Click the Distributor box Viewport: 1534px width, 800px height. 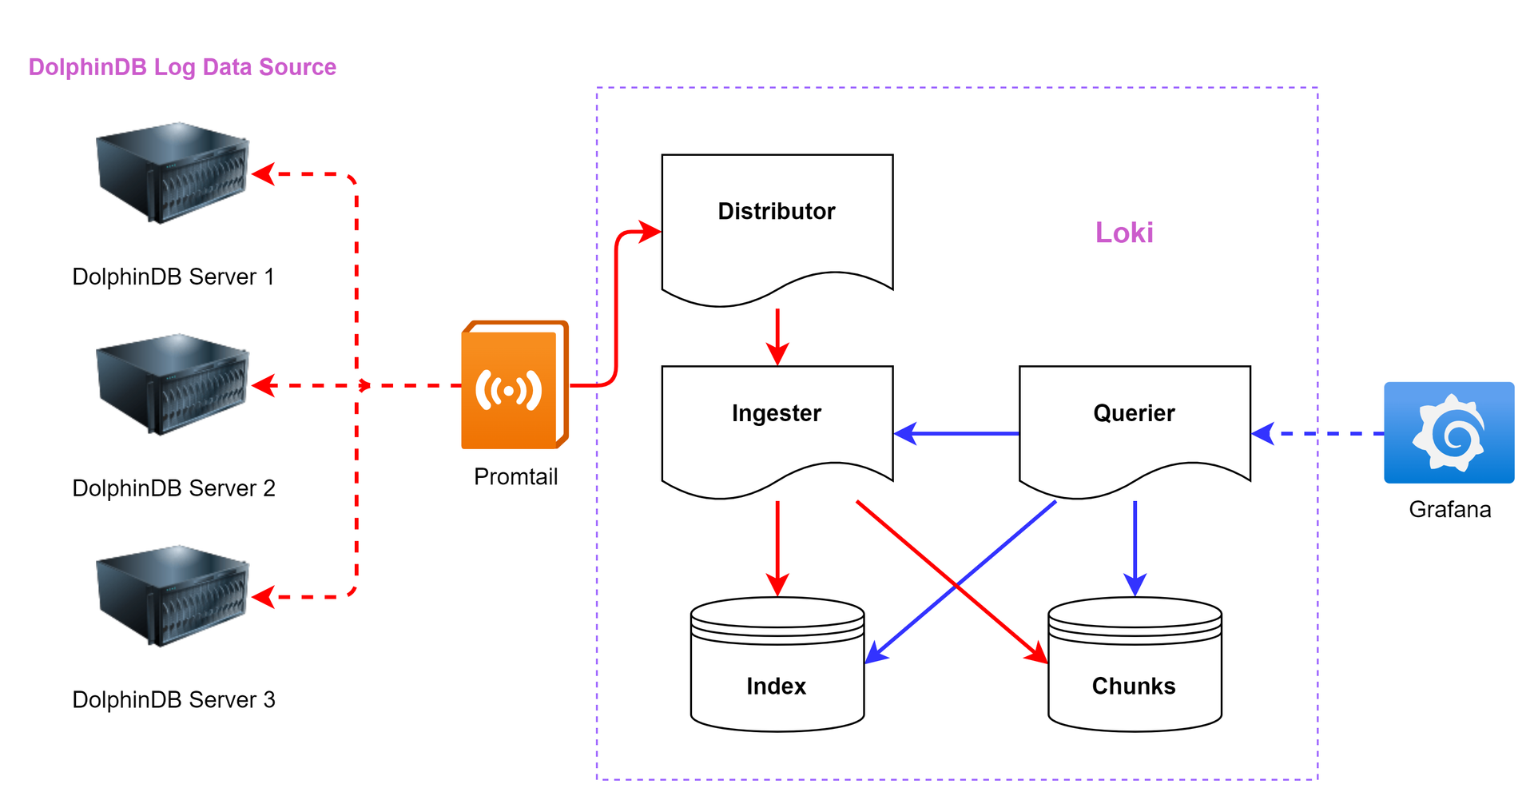point(777,224)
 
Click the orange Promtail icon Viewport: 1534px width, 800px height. point(515,385)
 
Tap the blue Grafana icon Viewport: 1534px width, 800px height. point(1449,432)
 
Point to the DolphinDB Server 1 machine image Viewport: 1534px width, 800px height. point(173,173)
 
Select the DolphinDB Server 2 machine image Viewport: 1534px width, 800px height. point(173,384)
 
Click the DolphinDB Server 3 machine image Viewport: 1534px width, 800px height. point(173,596)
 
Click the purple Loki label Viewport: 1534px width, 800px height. point(1124,233)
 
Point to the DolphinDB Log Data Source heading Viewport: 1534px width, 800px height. point(182,67)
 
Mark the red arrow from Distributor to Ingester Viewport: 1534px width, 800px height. point(777,336)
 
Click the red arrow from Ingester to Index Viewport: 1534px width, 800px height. point(777,547)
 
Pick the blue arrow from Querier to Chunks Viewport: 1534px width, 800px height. point(1135,547)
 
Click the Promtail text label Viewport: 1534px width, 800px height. point(515,477)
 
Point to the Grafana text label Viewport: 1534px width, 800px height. point(1449,510)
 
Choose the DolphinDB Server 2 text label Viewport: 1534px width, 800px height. point(173,488)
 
